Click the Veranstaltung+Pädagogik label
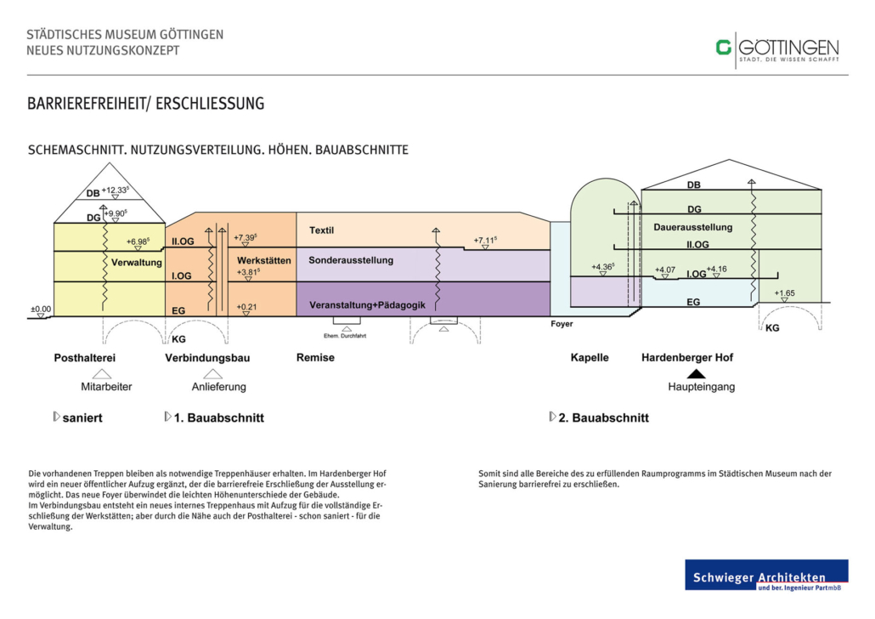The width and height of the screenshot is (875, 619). click(367, 305)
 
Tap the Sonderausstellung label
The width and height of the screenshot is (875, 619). click(351, 260)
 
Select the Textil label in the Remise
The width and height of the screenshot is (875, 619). click(321, 230)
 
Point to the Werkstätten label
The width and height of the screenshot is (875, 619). click(264, 260)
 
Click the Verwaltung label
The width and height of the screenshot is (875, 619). click(137, 263)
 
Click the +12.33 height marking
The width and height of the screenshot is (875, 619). click(115, 190)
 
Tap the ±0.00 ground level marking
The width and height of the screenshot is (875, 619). click(41, 309)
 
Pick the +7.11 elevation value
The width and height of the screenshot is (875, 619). click(485, 241)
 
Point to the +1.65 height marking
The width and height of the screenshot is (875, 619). click(785, 293)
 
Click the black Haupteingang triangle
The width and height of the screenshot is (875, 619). click(696, 374)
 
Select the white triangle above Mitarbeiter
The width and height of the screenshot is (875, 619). click(102, 374)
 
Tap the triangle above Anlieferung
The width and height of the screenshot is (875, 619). click(212, 374)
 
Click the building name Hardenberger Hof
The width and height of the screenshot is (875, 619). click(687, 358)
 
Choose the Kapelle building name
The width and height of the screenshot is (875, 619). click(590, 358)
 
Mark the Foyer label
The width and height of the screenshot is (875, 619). click(562, 324)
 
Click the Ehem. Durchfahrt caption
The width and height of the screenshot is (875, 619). click(345, 336)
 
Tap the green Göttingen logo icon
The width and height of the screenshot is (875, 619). click(724, 48)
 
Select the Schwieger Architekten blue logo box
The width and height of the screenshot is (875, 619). click(767, 575)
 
